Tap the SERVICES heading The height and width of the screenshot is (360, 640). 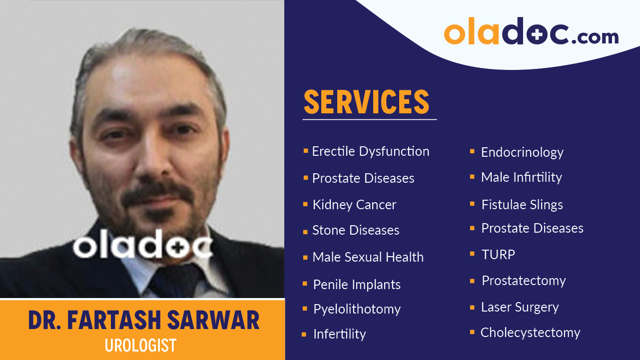[366, 102]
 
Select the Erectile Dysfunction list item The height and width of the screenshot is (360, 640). [370, 151]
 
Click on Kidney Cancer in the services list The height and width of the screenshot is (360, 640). [354, 205]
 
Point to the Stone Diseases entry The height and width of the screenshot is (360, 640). [356, 230]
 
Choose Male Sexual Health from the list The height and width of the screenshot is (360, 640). [368, 257]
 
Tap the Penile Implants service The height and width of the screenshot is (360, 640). [357, 285]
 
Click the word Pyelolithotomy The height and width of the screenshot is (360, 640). [357, 309]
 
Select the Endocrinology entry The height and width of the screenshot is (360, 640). [522, 152]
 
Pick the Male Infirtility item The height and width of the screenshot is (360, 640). [521, 177]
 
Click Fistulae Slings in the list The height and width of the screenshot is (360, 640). [522, 205]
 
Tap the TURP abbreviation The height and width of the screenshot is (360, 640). [498, 255]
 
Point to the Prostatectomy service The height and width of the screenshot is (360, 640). [524, 281]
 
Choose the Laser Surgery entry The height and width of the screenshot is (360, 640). [520, 307]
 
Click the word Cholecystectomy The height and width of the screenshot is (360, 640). [530, 333]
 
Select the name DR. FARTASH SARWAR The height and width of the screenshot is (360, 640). [144, 321]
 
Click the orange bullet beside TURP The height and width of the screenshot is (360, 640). [472, 254]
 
